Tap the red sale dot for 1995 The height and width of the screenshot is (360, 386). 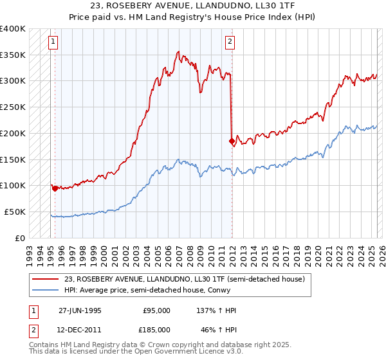[x=55, y=188]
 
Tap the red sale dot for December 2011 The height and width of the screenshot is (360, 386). [x=231, y=141]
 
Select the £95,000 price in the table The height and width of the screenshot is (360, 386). [x=156, y=310]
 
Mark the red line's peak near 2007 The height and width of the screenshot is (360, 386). [x=178, y=51]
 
